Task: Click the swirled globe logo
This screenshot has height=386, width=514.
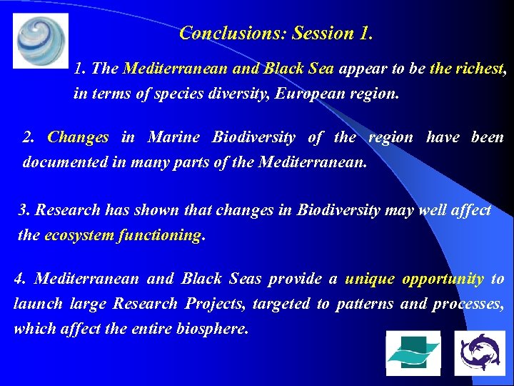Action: pos(41,40)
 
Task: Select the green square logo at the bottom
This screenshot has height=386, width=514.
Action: pos(413,353)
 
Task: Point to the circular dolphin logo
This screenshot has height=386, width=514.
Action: pos(479,353)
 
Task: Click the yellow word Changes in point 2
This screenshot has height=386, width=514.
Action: pos(78,137)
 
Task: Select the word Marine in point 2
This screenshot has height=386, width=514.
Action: pos(172,137)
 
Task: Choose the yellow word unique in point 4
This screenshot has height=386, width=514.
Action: pos(368,279)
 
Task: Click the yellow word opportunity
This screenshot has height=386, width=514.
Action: pos(443,279)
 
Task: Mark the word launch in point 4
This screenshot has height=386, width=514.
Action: pos(38,304)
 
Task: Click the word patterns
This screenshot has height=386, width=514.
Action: pos(364,304)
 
